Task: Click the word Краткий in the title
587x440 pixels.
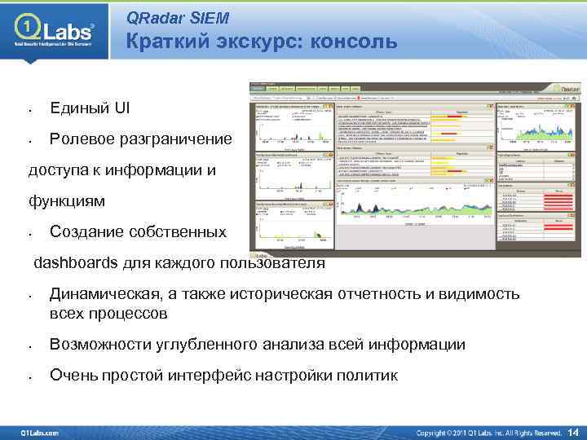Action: (168, 41)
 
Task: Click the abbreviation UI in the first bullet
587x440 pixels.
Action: (121, 108)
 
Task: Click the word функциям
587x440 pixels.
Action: (67, 200)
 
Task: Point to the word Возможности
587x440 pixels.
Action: (99, 345)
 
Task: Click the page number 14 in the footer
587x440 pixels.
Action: (572, 431)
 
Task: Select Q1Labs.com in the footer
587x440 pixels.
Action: (40, 432)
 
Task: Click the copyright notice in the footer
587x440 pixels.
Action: (489, 432)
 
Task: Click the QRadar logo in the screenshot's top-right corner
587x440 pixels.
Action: (562, 86)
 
